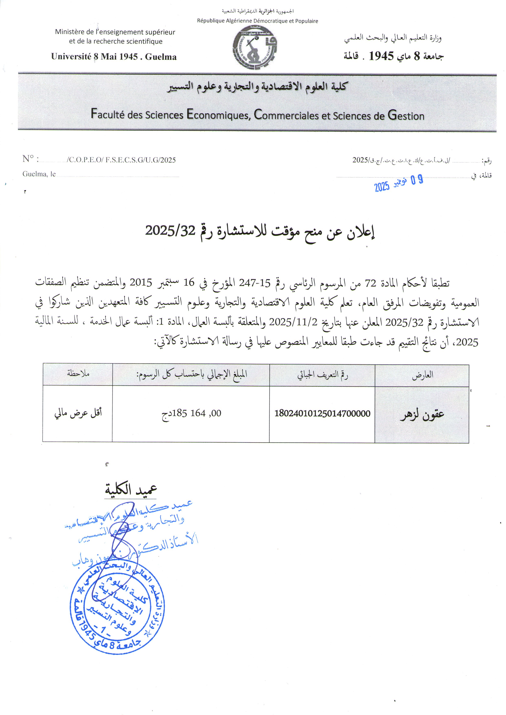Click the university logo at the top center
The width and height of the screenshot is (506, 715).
pos(255,47)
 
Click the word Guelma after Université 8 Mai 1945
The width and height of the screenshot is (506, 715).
pos(161,57)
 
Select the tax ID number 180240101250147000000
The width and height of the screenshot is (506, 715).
pos(322,414)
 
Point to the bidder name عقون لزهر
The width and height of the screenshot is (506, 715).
pos(422,414)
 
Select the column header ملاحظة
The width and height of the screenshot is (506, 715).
pos(78,373)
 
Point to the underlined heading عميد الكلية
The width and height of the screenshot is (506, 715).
pos(131,490)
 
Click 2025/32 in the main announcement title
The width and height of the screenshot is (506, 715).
pos(170,231)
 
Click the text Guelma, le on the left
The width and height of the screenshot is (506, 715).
pos(39,174)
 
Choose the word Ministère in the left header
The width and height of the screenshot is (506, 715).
pos(70,32)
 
